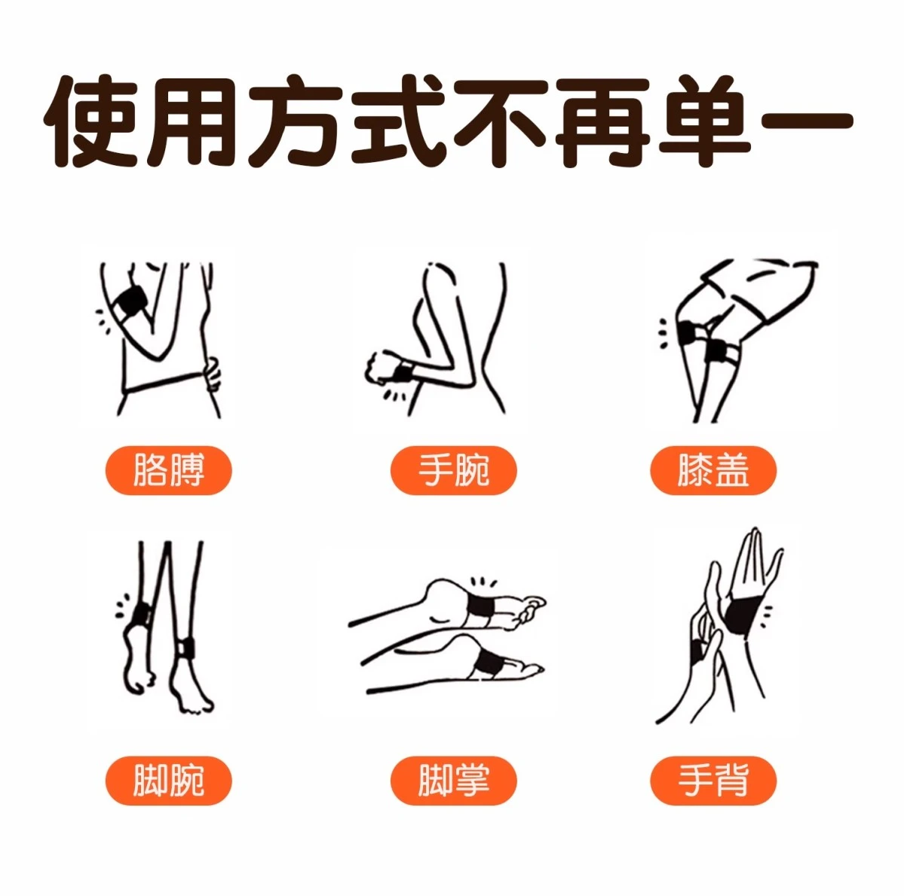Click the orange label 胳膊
point(168,470)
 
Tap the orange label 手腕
point(454,470)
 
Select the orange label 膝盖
point(713,470)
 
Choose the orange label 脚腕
point(168,780)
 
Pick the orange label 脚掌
point(454,780)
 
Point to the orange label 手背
point(713,780)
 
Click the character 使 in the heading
point(92,121)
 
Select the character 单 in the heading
point(705,121)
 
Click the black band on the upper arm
point(130,301)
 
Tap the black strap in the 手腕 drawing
point(403,372)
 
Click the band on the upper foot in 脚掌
point(480,611)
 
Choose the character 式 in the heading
point(399,121)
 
